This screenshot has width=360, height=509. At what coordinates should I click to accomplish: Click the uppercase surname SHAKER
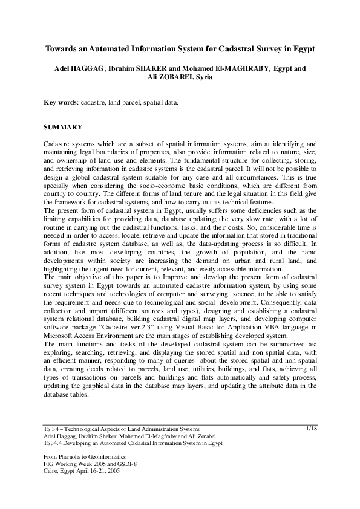(153, 68)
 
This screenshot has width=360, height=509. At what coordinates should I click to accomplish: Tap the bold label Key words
(61, 103)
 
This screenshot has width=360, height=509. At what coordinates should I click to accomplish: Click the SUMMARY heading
(65, 129)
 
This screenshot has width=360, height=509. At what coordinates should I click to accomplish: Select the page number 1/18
(312, 428)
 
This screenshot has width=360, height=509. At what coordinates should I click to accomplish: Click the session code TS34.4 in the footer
(54, 443)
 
